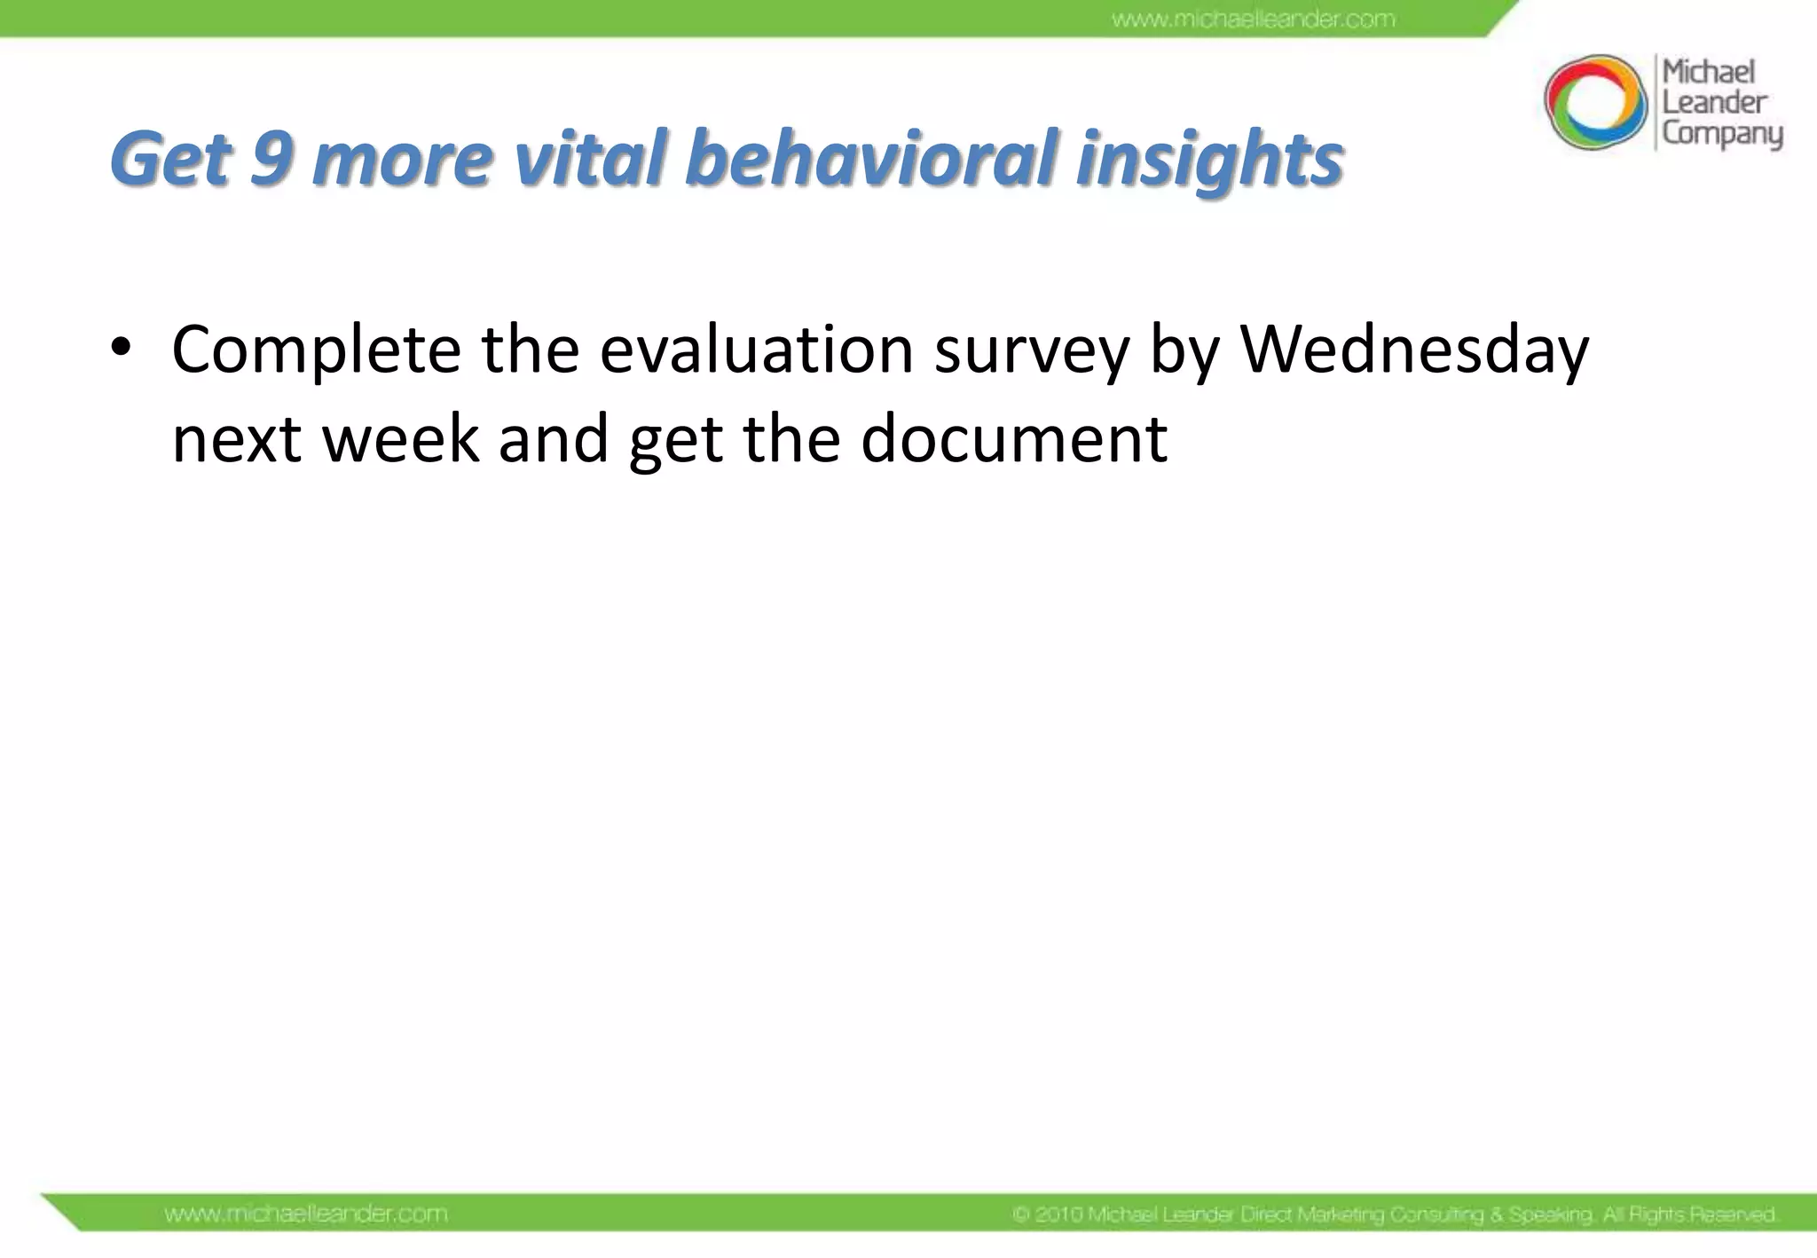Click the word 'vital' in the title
click(589, 160)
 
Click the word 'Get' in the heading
click(170, 160)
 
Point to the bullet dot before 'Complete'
click(122, 350)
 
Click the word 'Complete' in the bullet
click(316, 351)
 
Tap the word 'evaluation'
click(756, 350)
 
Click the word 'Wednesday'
click(1414, 351)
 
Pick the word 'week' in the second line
click(400, 438)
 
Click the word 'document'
click(1013, 438)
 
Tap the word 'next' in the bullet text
click(236, 440)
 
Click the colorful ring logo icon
click(1593, 102)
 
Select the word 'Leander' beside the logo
click(1713, 102)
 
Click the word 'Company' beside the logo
click(1721, 133)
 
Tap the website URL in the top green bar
click(1253, 19)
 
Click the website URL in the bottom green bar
click(306, 1213)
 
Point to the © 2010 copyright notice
click(1394, 1214)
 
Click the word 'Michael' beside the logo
click(1708, 71)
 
